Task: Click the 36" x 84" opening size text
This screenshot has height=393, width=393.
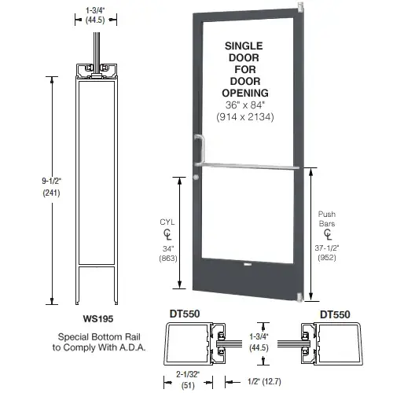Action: [x=247, y=107]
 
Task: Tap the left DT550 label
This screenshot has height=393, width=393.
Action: [x=185, y=314]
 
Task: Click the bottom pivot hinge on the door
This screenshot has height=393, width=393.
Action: [x=299, y=296]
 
